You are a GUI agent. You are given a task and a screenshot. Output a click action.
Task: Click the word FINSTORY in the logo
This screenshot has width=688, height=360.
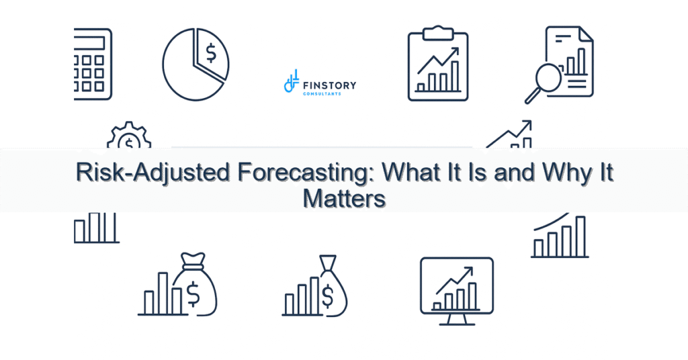(x=329, y=85)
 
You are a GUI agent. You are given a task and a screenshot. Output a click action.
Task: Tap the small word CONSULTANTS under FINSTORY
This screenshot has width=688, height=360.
(x=322, y=93)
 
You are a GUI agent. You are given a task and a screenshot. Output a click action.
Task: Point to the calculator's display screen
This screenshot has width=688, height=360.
(x=91, y=42)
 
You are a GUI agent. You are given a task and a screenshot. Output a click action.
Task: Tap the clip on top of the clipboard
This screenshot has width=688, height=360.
(x=437, y=31)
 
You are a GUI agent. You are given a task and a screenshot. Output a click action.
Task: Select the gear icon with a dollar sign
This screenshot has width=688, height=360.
(x=128, y=140)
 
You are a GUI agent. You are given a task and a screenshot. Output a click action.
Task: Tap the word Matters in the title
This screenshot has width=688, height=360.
(x=344, y=198)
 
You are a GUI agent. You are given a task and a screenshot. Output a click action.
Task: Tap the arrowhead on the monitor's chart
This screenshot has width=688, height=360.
(x=468, y=271)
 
